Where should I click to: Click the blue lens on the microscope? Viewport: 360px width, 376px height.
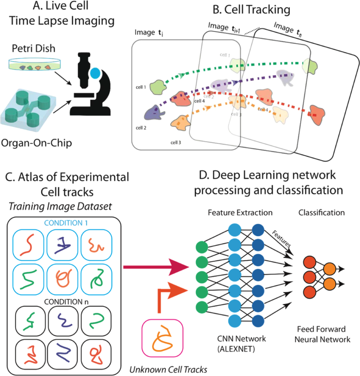click(x=97, y=72)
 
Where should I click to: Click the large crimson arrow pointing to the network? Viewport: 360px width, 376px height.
click(x=160, y=269)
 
